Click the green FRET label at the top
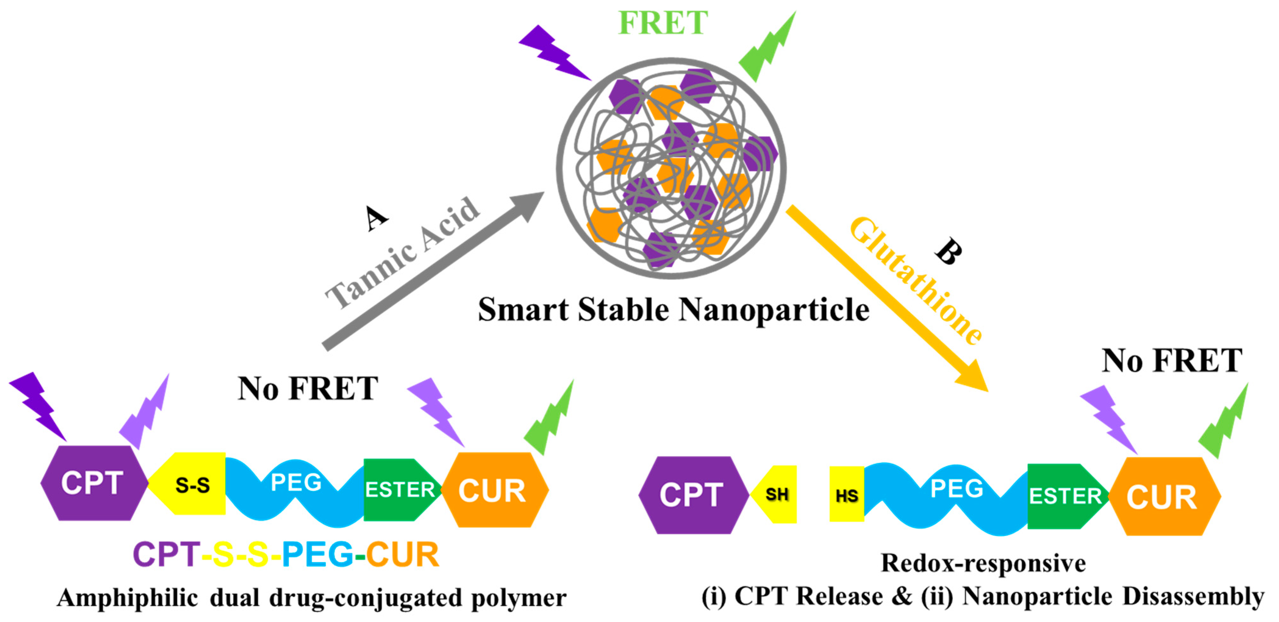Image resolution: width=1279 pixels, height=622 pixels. click(662, 23)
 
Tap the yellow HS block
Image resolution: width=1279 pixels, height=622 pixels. click(846, 495)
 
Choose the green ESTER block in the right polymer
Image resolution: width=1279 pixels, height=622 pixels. click(1065, 496)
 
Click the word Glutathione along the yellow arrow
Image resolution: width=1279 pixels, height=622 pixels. click(916, 281)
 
